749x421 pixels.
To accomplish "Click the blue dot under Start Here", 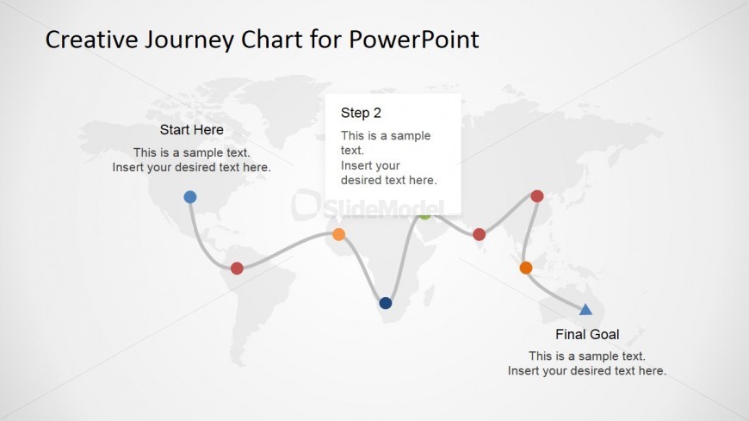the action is point(190,197).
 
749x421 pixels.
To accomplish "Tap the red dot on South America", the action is point(237,268).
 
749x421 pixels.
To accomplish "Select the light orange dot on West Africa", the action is point(338,234).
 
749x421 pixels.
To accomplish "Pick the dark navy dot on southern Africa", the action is point(386,303).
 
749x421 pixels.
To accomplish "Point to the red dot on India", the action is point(480,234).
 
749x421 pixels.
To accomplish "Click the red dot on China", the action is point(537,196).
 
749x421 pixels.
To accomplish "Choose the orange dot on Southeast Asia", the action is point(526,268).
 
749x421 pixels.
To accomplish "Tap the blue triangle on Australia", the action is point(585,310).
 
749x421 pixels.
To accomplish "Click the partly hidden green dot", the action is point(424,217).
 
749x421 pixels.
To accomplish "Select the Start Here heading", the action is point(191,129).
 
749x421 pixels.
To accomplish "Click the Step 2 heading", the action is point(361,113).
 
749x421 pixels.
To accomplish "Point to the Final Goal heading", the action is point(587,334).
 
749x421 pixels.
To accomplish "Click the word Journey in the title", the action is point(189,40).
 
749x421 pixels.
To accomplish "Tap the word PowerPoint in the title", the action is point(413,40).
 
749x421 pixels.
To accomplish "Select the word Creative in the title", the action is point(91,40).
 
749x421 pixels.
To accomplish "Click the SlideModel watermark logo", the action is point(376,207).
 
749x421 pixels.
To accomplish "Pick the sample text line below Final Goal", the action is point(587,356).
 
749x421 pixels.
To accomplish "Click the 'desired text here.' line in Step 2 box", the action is point(388,180).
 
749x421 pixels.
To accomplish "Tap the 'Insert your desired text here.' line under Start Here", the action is point(191,167).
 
